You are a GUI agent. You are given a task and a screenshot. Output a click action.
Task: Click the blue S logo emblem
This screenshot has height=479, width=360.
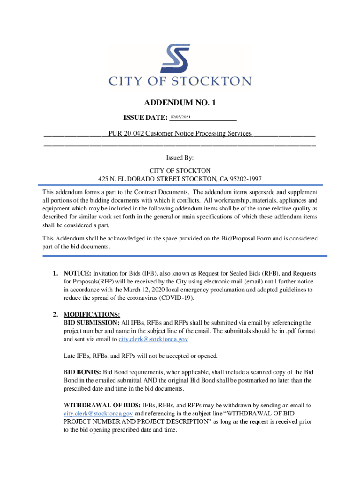point(175,60)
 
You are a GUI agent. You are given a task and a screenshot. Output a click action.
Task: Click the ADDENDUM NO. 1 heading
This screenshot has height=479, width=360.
point(180,102)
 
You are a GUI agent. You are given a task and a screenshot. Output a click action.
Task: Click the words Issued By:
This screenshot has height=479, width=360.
point(180,159)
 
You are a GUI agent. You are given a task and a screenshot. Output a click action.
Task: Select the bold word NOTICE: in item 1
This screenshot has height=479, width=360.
point(78,273)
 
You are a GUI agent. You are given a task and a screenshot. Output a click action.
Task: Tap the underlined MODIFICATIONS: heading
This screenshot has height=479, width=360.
point(92,314)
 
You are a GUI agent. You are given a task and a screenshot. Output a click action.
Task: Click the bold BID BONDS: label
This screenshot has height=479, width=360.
point(82,372)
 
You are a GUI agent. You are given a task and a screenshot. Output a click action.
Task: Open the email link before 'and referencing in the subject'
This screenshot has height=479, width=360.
point(98,414)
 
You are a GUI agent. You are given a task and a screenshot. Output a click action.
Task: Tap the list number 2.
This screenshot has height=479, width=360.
point(55,314)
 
